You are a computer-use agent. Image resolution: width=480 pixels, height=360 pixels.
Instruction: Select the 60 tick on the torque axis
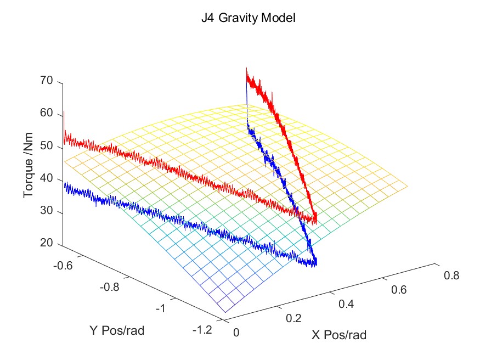pyautogui.click(x=46, y=114)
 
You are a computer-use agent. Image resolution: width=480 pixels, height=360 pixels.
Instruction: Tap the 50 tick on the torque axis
pyautogui.click(x=46, y=147)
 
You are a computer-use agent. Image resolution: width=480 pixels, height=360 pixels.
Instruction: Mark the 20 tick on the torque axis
pyautogui.click(x=46, y=245)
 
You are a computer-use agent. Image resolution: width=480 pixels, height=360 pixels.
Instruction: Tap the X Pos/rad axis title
pyautogui.click(x=339, y=335)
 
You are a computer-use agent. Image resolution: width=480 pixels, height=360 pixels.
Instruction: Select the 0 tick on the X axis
pyautogui.click(x=237, y=332)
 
